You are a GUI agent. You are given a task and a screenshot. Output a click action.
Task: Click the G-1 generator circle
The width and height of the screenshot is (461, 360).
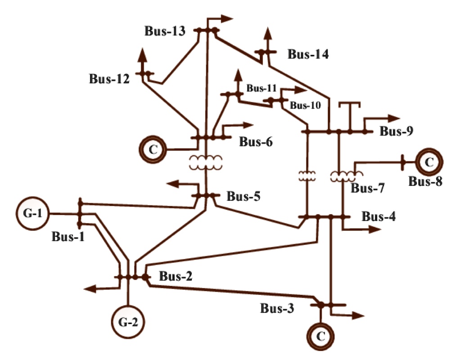click(33, 213)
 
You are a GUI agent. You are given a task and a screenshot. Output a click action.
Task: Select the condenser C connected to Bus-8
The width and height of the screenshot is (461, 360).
click(429, 162)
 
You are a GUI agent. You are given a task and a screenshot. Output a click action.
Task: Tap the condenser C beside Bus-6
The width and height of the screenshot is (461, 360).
click(153, 149)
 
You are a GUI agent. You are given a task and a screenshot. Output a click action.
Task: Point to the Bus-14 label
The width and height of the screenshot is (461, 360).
click(308, 55)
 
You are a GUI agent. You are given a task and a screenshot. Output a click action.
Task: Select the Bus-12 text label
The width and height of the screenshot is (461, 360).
click(109, 79)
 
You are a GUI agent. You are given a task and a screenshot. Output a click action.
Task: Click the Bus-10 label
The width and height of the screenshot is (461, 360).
click(305, 106)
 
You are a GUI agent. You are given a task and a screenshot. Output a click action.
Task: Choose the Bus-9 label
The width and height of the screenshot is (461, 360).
click(397, 131)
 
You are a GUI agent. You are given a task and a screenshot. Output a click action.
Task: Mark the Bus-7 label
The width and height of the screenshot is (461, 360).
click(367, 188)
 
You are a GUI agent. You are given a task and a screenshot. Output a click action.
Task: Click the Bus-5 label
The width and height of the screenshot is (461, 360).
click(244, 196)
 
